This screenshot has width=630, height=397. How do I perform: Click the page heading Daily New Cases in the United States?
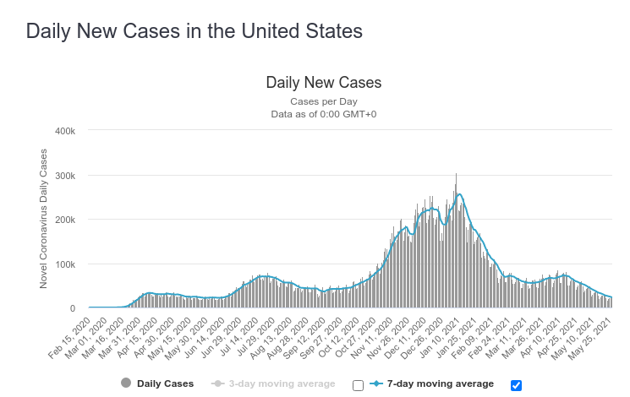(194, 31)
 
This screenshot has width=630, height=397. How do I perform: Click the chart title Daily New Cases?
(324, 83)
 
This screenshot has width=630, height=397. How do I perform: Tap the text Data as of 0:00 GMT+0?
(324, 113)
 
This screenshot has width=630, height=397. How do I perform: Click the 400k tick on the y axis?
(65, 131)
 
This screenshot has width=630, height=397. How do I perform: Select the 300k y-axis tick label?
(65, 176)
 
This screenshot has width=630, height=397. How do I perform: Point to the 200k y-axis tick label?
(65, 220)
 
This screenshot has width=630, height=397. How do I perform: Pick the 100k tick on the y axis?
(65, 264)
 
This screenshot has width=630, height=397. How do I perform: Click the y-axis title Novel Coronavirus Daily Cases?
(44, 219)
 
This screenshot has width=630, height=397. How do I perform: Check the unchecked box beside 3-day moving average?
(358, 385)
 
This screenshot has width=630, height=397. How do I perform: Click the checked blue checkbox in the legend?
(517, 385)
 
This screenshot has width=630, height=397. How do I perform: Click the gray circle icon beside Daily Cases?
(126, 383)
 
